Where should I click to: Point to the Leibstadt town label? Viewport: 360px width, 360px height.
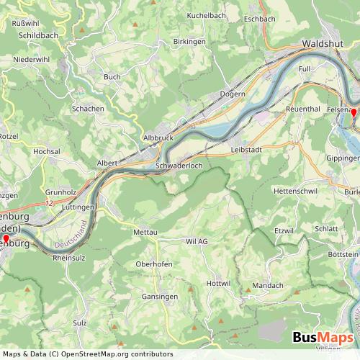tap(246, 149)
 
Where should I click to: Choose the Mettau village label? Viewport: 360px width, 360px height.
tap(145, 233)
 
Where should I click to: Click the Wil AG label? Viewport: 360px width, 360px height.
tap(197, 242)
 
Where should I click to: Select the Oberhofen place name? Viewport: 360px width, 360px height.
tap(154, 264)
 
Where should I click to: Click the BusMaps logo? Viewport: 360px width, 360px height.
tap(322, 338)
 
